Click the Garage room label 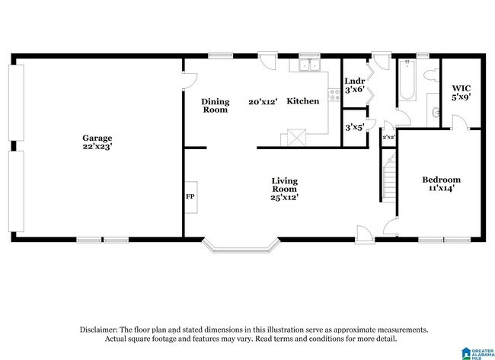point(97,138)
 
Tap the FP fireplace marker point(190,196)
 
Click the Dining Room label point(215,106)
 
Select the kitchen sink point(308,66)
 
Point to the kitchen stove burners point(334,95)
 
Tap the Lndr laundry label point(355,81)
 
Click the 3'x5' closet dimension point(355,127)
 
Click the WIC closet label point(461,88)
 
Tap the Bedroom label point(441,180)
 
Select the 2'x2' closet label point(388,137)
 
